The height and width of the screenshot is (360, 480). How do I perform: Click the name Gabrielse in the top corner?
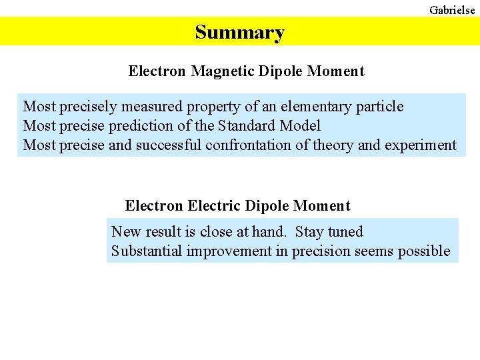pos(452,9)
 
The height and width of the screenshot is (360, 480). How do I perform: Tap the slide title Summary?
pos(239,32)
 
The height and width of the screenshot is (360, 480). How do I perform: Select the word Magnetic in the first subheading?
pos(222,71)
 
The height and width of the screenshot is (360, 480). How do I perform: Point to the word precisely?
pos(89,107)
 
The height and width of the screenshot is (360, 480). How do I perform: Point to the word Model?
pos(301,126)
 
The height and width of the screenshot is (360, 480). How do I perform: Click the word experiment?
pos(421,145)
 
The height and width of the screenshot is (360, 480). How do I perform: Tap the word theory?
pos(323,145)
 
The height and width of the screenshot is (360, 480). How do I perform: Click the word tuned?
pos(345,232)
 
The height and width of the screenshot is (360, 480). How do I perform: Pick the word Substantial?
pos(147,251)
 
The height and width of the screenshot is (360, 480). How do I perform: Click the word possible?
pos(424,251)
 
